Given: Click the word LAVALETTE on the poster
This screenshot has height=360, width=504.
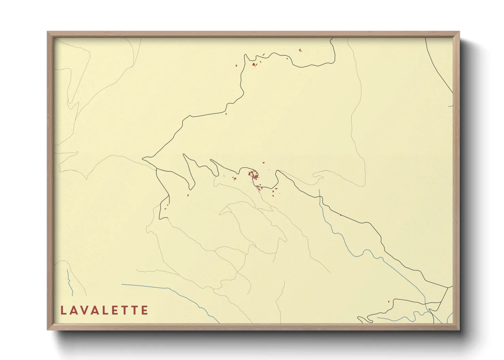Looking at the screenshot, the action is point(104,310).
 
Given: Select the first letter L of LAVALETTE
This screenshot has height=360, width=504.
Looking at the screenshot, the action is point(63,310).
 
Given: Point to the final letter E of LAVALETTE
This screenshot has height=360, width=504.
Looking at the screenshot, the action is point(145,310).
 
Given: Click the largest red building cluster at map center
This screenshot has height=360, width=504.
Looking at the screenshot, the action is point(253,175).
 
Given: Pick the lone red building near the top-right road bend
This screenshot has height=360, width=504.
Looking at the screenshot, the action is point(300,50).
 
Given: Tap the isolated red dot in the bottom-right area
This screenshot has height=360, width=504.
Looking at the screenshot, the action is point(389,301).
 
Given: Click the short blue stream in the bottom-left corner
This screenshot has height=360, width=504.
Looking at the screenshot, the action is point(69,282).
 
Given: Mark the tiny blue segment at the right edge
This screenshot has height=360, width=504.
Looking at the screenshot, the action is point(451,106).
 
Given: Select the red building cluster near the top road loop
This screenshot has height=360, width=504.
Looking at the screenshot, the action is point(254,64).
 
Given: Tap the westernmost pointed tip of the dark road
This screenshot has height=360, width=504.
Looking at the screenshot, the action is point(143,158).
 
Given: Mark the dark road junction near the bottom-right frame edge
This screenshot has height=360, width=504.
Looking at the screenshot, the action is point(447,288).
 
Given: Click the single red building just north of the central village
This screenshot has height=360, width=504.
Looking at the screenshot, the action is point(263,163).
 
